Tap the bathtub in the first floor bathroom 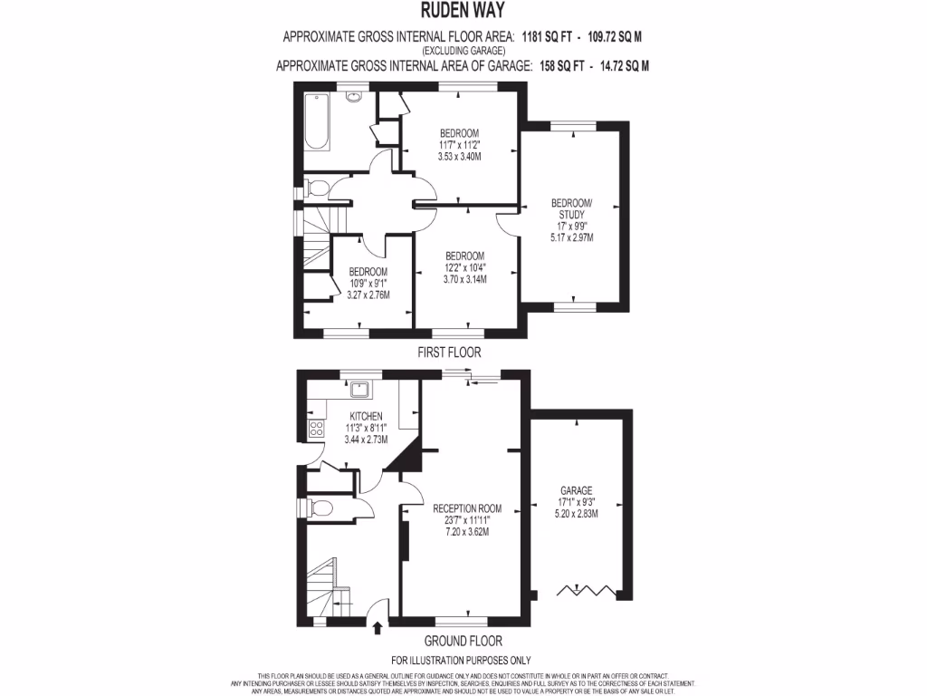(x=318, y=121)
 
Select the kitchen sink (x=360, y=390)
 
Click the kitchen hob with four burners (x=317, y=429)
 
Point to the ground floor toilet (x=319, y=507)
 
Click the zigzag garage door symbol (x=587, y=591)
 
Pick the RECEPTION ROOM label (x=466, y=507)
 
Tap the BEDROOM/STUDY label (x=572, y=208)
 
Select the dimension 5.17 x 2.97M (x=572, y=237)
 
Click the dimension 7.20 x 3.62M (x=466, y=531)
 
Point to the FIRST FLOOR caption (x=449, y=352)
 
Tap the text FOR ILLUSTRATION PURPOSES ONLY (x=461, y=660)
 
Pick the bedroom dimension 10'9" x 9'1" (x=368, y=284)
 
